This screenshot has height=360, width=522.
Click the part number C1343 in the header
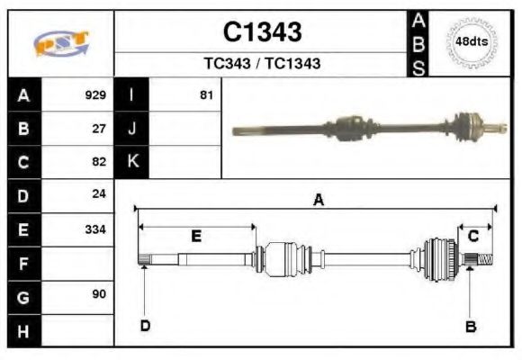tap(262, 32)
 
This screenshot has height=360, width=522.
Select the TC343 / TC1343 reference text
tap(262, 64)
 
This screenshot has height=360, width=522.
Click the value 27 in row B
tap(99, 129)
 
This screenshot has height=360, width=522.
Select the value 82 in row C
tap(99, 162)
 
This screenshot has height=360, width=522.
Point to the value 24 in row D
tap(99, 195)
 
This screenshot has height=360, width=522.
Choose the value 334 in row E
tap(95, 229)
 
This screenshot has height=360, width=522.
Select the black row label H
tap(23, 330)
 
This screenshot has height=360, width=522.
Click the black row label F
tap(23, 263)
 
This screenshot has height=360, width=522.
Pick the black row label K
tap(132, 162)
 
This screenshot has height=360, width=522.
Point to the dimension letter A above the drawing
tap(318, 202)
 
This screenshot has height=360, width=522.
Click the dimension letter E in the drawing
tap(195, 237)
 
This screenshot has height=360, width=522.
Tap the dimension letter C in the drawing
tap(473, 237)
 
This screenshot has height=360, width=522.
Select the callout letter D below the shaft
tap(144, 326)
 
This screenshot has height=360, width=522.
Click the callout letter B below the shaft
tap(470, 326)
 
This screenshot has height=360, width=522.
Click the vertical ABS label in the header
tap(418, 43)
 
